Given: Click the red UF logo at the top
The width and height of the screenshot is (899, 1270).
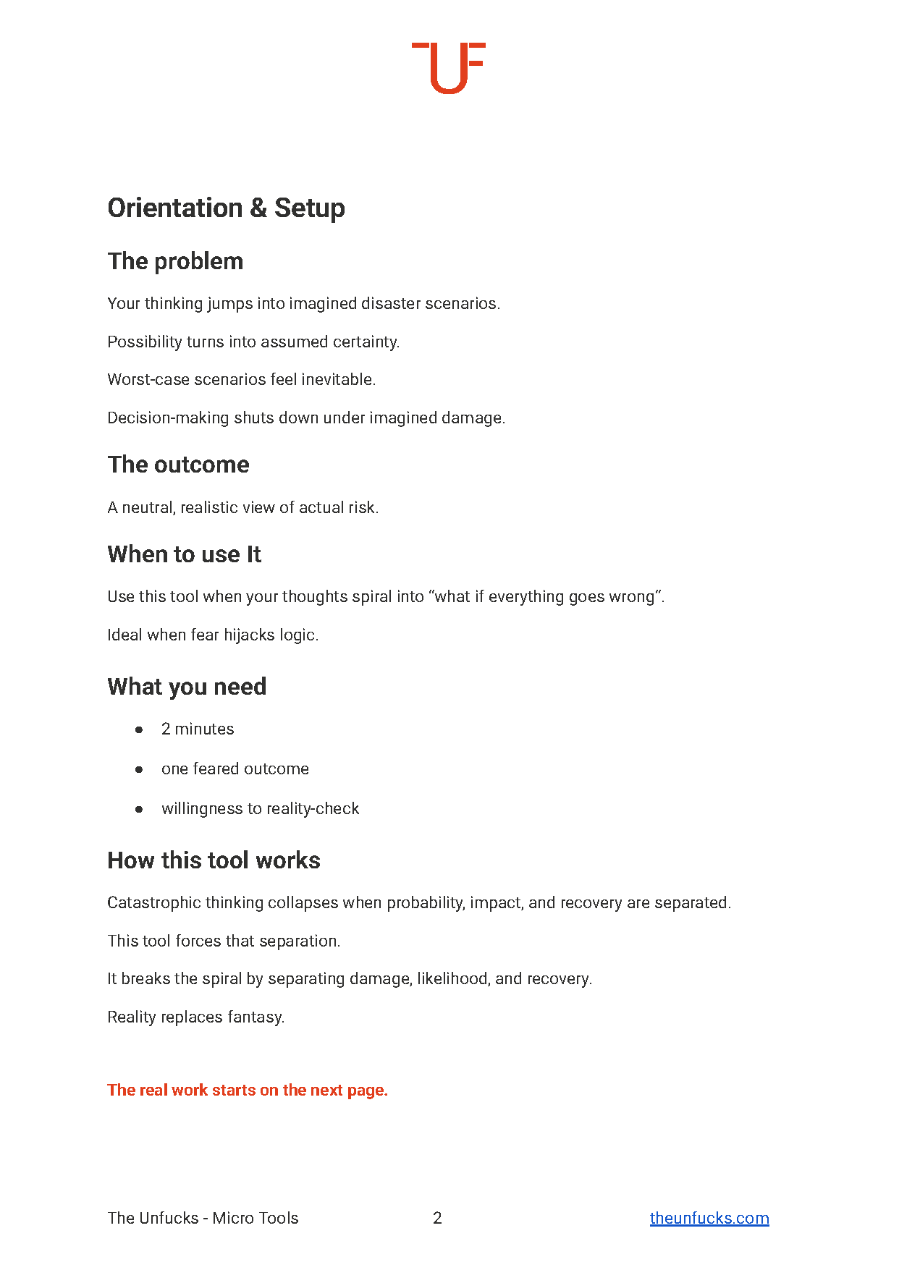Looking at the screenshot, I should [x=448, y=67].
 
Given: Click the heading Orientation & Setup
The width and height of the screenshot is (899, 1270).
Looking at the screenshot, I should [x=226, y=208].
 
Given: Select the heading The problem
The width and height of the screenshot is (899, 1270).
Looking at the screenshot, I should [x=175, y=261].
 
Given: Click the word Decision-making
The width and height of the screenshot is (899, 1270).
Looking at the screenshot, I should [x=168, y=418].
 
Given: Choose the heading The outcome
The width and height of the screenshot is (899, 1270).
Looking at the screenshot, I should [x=178, y=465].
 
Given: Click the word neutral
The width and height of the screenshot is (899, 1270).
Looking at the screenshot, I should [x=148, y=507].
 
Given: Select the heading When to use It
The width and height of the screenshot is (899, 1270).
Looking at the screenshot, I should [x=184, y=554].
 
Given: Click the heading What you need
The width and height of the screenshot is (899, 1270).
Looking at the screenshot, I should [x=187, y=687].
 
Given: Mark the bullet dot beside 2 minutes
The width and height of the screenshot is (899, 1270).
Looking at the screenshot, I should [x=139, y=729].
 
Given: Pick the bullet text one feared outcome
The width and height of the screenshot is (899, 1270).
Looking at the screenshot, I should [x=235, y=769].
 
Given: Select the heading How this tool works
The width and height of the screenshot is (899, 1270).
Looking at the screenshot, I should [x=214, y=860].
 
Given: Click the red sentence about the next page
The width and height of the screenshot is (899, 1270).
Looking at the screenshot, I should [x=248, y=1090].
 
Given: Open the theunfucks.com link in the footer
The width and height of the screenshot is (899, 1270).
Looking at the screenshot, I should [x=709, y=1218].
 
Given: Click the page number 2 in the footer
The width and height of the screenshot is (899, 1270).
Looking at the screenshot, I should [x=437, y=1218].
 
